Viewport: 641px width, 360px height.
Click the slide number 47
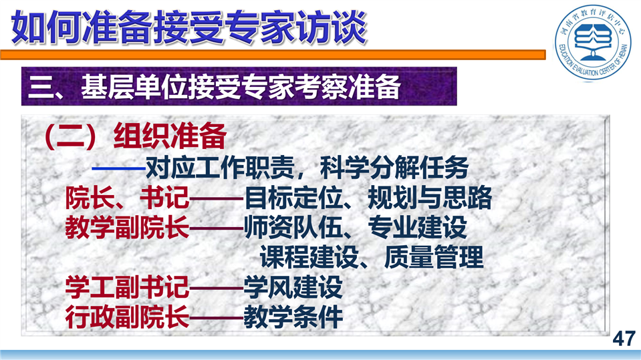pyautogui.click(x=624, y=339)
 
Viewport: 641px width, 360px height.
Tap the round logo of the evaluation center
pyautogui.click(x=593, y=43)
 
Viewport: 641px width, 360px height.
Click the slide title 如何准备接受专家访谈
pyautogui.click(x=189, y=28)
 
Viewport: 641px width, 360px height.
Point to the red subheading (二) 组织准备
pyautogui.click(x=135, y=136)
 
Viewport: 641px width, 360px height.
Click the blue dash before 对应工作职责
pyautogui.click(x=118, y=168)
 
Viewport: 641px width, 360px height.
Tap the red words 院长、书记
pyautogui.click(x=127, y=198)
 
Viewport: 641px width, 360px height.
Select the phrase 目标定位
pyautogui.click(x=293, y=198)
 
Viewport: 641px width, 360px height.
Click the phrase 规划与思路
pyautogui.click(x=430, y=198)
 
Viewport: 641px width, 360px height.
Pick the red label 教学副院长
pyautogui.click(x=127, y=228)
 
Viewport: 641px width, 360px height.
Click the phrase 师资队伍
pyautogui.click(x=293, y=228)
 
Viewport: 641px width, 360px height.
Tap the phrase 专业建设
pyautogui.click(x=417, y=228)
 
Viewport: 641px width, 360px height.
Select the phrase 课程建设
pyautogui.click(x=309, y=257)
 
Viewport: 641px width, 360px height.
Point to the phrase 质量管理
pyautogui.click(x=434, y=257)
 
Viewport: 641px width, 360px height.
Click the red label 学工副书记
pyautogui.click(x=127, y=287)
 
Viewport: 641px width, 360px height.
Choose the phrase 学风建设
pyautogui.click(x=293, y=287)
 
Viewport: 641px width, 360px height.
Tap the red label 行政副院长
pyautogui.click(x=127, y=317)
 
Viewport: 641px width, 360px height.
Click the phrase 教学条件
pyautogui.click(x=293, y=317)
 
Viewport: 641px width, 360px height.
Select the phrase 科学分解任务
pyautogui.click(x=394, y=168)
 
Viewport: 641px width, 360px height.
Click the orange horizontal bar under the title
pyautogui.click(x=273, y=55)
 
